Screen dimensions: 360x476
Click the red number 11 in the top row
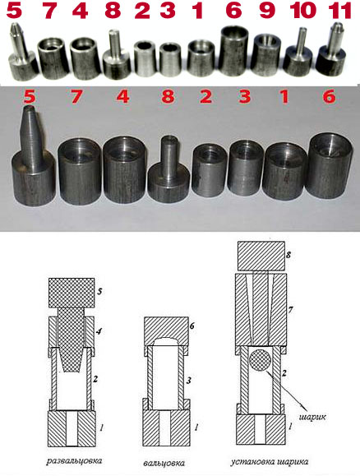(340, 11)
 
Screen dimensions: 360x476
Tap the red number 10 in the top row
(303, 11)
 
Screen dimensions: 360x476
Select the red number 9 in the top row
(267, 11)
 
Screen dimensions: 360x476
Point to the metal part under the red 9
(266, 55)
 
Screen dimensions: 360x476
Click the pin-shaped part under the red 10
(298, 54)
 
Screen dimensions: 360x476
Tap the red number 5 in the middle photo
(29, 96)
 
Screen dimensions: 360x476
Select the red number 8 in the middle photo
(168, 96)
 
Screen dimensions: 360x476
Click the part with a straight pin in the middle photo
(168, 169)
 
